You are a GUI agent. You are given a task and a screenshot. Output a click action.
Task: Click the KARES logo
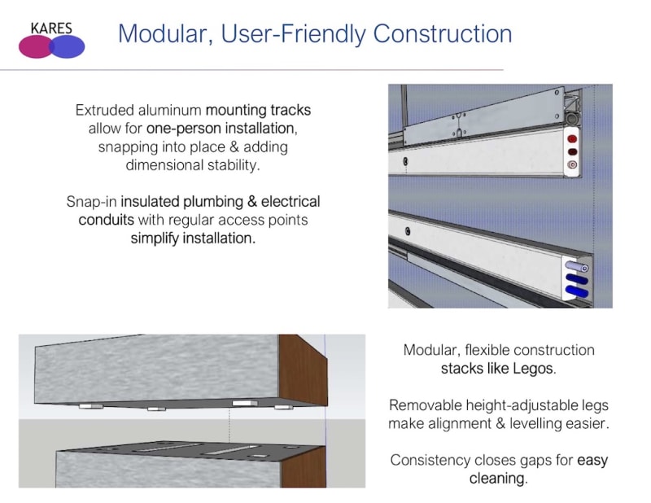coord(51,39)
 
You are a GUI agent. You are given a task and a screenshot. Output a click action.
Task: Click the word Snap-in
coord(91,201)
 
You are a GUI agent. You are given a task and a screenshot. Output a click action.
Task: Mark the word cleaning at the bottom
coord(497,479)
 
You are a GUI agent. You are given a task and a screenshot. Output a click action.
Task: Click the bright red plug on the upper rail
coord(573,138)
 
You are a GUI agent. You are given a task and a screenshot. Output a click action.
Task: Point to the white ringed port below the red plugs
coord(573,164)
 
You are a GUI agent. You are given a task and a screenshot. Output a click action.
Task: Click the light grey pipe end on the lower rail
coord(575,267)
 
